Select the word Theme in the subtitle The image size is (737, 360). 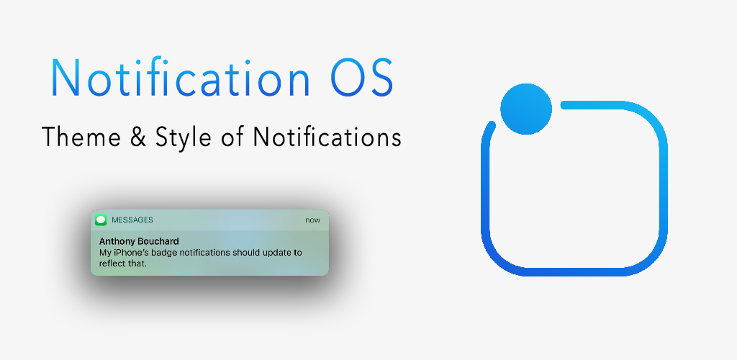tap(75, 137)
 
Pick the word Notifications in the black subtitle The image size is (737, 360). tap(327, 137)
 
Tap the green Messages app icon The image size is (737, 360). tap(101, 220)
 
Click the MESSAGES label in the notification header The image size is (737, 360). tap(132, 220)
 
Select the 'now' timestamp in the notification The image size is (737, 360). tap(312, 220)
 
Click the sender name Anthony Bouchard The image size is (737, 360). tap(139, 242)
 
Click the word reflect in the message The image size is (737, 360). tap(112, 264)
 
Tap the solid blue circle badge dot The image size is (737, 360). tap(526, 109)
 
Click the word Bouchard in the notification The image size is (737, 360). tap(158, 242)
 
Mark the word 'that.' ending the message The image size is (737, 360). tap(137, 264)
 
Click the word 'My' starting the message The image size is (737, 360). tap(104, 253)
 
